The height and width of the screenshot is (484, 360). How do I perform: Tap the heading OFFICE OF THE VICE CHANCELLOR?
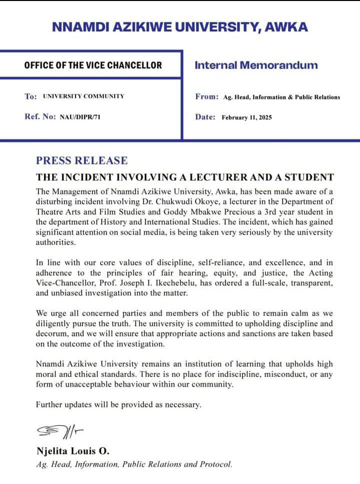93,65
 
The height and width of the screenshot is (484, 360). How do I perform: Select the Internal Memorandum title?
255,65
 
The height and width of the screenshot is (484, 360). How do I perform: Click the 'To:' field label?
30,96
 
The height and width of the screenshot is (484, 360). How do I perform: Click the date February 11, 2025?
247,117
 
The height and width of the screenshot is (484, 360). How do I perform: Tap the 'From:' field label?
206,96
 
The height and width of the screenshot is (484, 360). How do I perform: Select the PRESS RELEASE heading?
81,160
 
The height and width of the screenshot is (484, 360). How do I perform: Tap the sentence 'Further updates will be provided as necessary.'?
118,404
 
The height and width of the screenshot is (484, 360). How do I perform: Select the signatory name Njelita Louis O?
72,451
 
